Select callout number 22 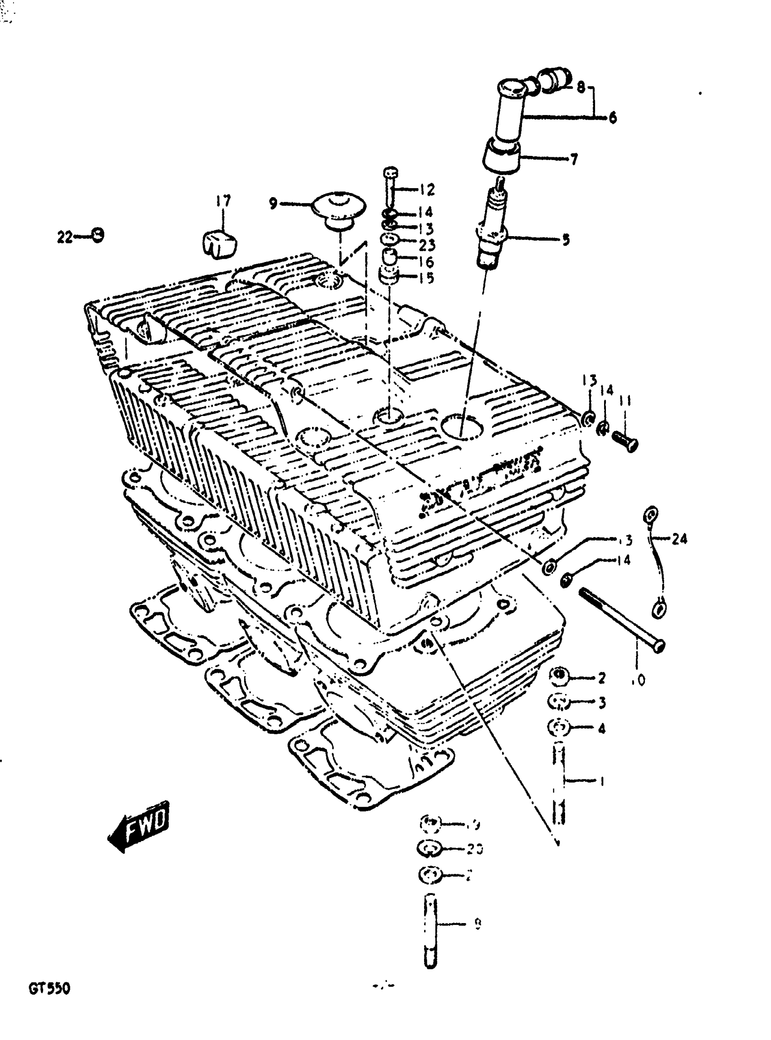[x=64, y=237]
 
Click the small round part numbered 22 [x=97, y=235]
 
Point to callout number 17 [x=223, y=202]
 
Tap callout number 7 [x=574, y=160]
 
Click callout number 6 [x=612, y=117]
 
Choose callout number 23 [x=427, y=245]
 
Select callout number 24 [x=679, y=539]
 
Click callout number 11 [x=625, y=400]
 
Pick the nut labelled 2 [x=559, y=677]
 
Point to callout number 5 [x=566, y=240]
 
